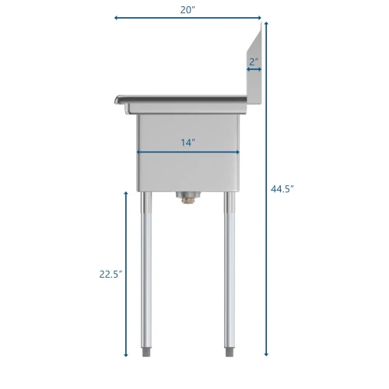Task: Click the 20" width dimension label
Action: [x=187, y=10]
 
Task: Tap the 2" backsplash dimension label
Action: [x=254, y=61]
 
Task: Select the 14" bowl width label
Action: [x=187, y=142]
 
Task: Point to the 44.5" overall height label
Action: [x=282, y=189]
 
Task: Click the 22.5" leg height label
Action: [x=110, y=274]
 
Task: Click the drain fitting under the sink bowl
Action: [x=188, y=198]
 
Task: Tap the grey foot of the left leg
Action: [x=146, y=352]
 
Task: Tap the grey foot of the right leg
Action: [x=230, y=352]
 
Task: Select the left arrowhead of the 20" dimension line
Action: [x=117, y=18]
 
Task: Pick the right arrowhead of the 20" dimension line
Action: [x=259, y=18]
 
